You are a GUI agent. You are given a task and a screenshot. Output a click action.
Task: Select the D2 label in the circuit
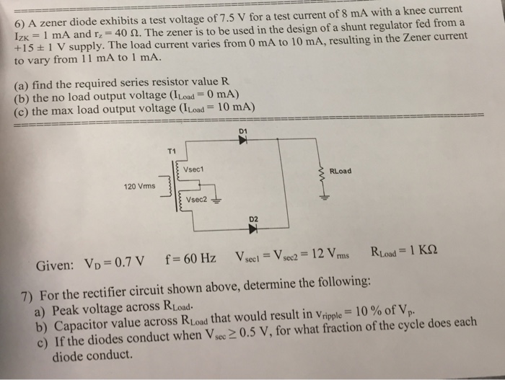[x=253, y=218]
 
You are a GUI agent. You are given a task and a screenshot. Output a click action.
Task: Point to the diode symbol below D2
[x=253, y=229]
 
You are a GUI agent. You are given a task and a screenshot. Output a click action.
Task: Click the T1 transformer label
[x=170, y=151]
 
